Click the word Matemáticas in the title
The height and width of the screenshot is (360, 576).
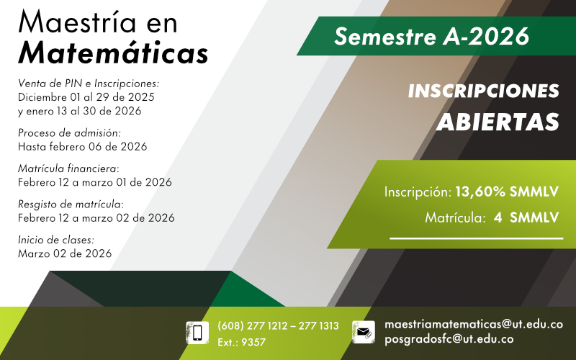(113, 53)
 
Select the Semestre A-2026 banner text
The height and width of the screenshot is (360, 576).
(431, 35)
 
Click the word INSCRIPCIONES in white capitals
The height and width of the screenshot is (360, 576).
(483, 91)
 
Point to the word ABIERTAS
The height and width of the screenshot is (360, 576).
(498, 122)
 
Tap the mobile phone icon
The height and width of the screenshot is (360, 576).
(197, 332)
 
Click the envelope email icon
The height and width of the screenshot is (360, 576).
(364, 332)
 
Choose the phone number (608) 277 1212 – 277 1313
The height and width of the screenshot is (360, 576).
(278, 326)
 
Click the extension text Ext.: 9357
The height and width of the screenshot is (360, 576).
(241, 343)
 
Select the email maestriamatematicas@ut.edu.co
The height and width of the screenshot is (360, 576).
(474, 325)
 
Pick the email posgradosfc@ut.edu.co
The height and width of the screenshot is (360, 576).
(449, 339)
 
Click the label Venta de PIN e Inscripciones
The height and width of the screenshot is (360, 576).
(88, 84)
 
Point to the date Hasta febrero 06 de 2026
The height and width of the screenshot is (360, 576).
(82, 146)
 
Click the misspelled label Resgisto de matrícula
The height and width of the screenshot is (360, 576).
(71, 204)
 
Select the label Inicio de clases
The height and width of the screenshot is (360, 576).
(55, 240)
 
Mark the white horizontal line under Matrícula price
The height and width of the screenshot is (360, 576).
(476, 238)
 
